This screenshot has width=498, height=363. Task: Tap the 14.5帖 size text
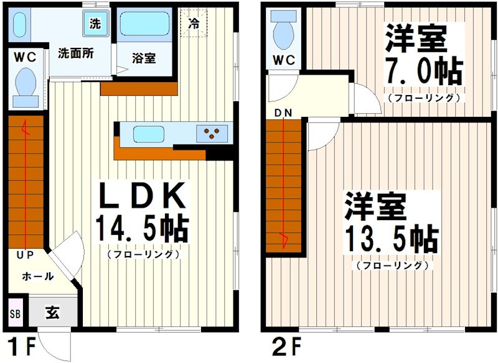click(x=142, y=228)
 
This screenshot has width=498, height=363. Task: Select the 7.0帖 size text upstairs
click(x=423, y=72)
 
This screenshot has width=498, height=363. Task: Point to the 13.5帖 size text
click(x=392, y=237)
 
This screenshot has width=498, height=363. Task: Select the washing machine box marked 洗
click(x=95, y=25)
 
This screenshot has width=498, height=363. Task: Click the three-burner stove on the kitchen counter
click(x=212, y=132)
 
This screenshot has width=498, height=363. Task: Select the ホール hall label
click(x=37, y=276)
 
